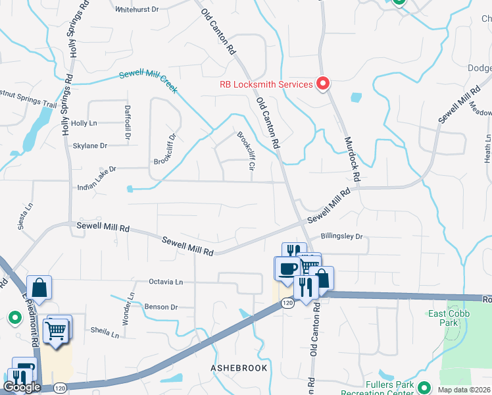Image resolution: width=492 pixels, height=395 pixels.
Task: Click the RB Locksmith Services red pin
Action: [x=323, y=84]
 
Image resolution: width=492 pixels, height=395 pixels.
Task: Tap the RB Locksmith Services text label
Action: [x=266, y=84]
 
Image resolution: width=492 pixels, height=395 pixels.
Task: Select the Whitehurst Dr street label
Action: [x=137, y=10]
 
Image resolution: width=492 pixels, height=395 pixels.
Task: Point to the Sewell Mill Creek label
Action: [x=148, y=81]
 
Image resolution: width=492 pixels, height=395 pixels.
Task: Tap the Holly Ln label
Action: [x=84, y=123]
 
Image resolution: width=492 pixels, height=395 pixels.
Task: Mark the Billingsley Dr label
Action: [x=341, y=236]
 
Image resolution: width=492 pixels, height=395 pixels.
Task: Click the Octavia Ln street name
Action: [x=165, y=281]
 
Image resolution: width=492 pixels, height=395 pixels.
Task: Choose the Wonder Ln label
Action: [x=131, y=305]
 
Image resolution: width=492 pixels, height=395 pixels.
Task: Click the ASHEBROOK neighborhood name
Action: [x=239, y=367]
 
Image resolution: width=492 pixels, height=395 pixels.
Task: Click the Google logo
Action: [x=22, y=387]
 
